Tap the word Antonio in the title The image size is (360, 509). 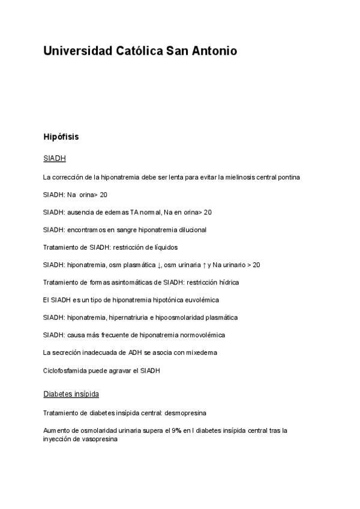coord(214,51)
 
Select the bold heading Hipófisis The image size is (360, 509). coord(61,137)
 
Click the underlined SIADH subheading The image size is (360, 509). coord(54,159)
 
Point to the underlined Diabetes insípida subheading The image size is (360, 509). coord(71,394)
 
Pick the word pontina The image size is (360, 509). coord(288,177)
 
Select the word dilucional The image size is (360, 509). coord(191,230)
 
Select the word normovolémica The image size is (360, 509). coord(199,334)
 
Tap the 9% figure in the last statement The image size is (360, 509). coord(178,430)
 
